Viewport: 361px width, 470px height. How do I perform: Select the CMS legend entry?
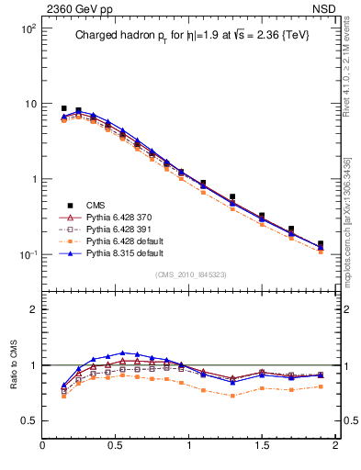click(97, 205)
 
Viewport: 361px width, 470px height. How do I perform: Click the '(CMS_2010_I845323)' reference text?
click(188, 274)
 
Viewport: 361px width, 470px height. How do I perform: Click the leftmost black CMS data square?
click(63, 108)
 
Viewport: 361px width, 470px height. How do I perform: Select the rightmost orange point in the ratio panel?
click(320, 386)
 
